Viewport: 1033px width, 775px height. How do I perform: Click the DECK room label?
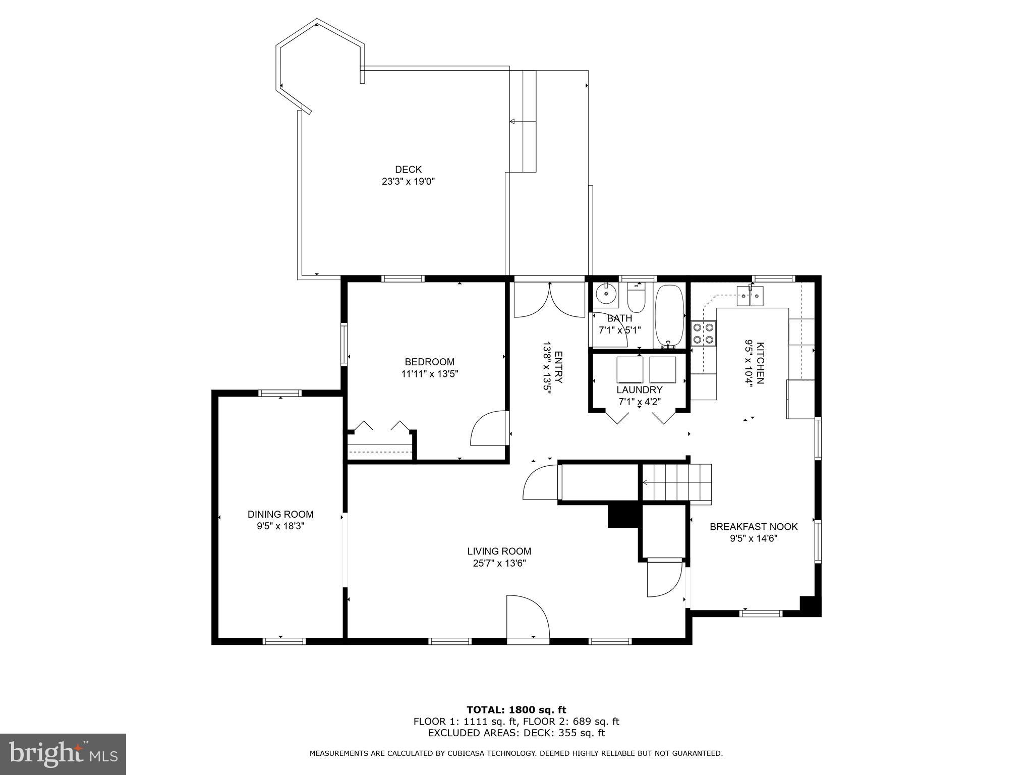408,170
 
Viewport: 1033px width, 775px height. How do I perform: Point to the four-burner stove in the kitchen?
704,334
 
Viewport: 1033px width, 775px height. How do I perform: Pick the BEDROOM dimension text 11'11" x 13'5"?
429,374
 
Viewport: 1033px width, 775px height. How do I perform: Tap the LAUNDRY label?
639,390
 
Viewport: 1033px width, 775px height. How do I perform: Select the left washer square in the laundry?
629,370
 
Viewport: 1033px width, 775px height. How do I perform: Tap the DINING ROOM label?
280,514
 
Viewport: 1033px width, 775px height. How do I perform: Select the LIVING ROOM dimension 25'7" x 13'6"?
499,564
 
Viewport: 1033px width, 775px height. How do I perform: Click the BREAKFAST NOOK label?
754,527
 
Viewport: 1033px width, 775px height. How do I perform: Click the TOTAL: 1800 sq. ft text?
516,710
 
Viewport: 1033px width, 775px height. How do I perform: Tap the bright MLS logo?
63,754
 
